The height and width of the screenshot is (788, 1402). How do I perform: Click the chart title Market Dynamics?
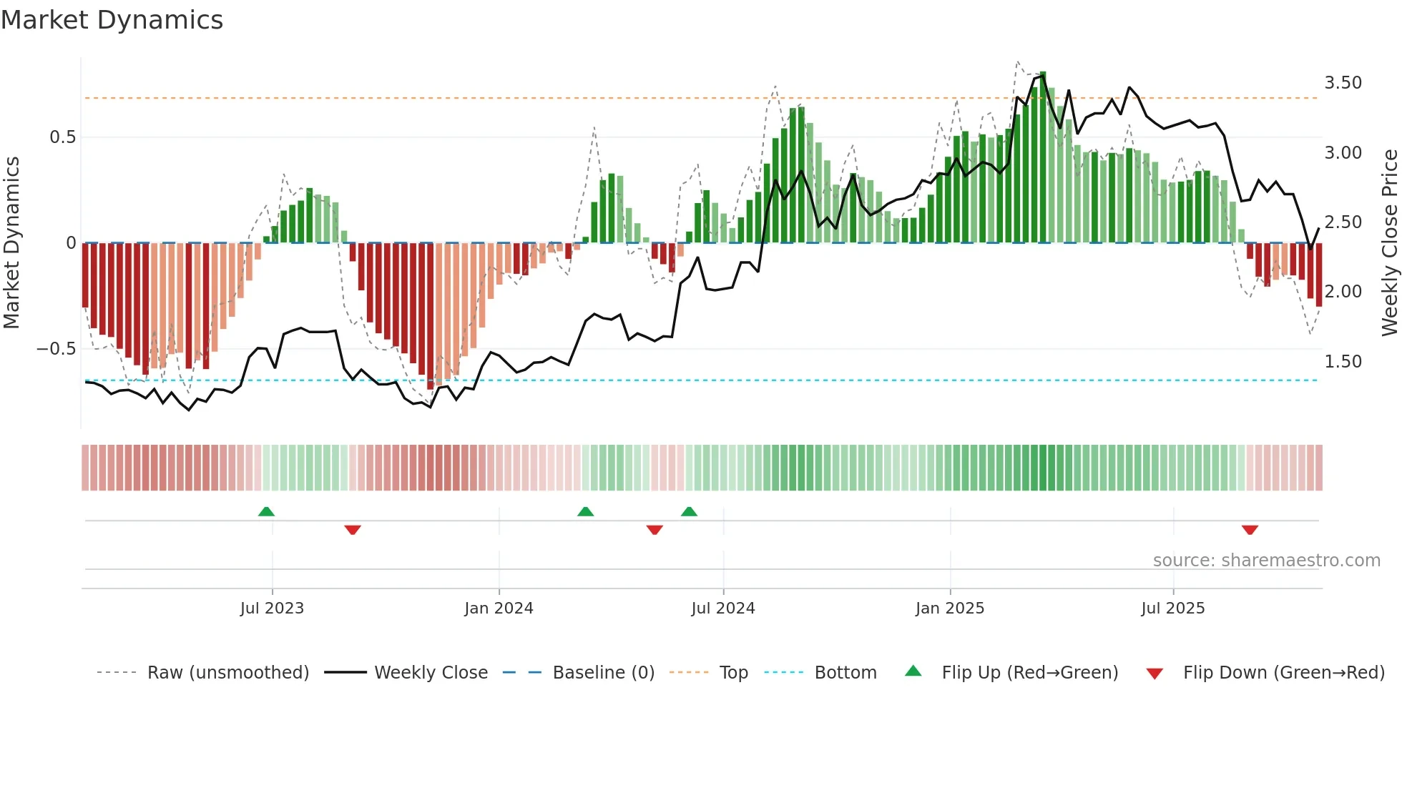click(x=112, y=20)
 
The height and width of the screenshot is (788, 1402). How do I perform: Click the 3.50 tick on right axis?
click(x=1343, y=83)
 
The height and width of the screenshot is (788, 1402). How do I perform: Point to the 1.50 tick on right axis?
click(x=1343, y=362)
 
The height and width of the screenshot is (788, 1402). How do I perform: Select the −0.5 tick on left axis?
click(x=56, y=349)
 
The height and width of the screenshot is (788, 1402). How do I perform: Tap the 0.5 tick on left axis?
click(x=62, y=137)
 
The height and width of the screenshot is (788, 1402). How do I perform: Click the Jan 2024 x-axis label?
click(x=499, y=609)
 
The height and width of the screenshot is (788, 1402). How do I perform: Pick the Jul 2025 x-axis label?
click(x=1172, y=609)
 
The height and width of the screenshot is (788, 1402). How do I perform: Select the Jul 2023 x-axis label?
click(x=272, y=609)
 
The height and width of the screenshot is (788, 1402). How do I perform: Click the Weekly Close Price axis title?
click(x=1389, y=242)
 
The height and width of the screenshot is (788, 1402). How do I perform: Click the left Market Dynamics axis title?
click(x=11, y=242)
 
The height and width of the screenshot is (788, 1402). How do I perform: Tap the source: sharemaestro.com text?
click(x=1266, y=561)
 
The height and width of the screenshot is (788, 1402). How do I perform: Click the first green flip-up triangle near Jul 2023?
click(x=266, y=511)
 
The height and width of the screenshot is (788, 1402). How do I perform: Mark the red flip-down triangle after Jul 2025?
click(x=1250, y=530)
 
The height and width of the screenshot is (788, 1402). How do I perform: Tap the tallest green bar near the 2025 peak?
click(x=1043, y=157)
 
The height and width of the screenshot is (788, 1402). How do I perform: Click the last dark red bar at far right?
click(x=1318, y=275)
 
